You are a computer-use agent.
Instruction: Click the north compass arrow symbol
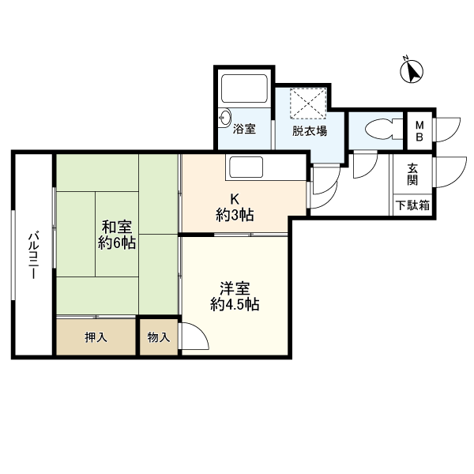click(x=412, y=71)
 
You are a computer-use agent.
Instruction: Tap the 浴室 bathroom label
click(x=244, y=129)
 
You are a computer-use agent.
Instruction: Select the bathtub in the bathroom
click(x=244, y=88)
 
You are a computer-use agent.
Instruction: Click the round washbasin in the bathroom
click(x=225, y=117)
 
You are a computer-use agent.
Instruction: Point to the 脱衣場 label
click(x=309, y=131)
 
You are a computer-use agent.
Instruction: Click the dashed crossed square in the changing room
click(x=308, y=103)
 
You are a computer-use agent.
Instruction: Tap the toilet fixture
click(x=384, y=129)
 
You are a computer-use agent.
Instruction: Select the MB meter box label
click(x=419, y=131)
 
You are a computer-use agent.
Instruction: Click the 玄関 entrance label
click(x=412, y=174)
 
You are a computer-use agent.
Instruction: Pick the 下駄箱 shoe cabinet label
click(x=412, y=205)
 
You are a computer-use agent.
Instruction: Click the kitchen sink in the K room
click(x=246, y=167)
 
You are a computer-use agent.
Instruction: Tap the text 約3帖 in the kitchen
click(x=235, y=215)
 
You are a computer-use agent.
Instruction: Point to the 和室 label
click(x=117, y=228)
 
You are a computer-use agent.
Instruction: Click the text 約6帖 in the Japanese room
click(x=117, y=243)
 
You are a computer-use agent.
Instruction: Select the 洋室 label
click(x=235, y=288)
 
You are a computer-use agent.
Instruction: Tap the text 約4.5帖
click(x=235, y=304)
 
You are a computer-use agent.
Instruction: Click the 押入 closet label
click(x=96, y=337)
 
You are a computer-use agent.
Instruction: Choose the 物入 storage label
click(x=159, y=337)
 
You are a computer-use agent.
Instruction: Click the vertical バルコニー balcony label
click(x=32, y=255)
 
